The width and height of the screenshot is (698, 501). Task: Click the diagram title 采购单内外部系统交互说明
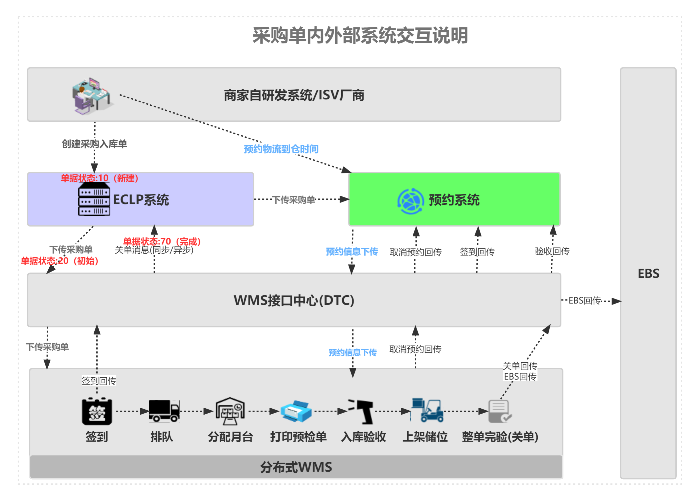point(360,36)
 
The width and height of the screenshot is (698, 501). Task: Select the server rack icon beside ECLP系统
point(94,200)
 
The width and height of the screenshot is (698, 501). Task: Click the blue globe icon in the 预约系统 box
point(410,201)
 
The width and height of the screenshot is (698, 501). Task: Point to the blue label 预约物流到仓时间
point(281,149)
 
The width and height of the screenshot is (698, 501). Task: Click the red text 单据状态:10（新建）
point(99,178)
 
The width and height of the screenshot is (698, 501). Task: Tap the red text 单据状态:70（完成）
point(162,241)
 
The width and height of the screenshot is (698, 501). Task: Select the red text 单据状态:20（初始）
point(60,261)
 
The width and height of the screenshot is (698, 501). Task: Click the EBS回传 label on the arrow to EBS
point(584,301)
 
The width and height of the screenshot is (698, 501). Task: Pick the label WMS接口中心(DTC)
point(294,300)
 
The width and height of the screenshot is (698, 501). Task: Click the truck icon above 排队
point(164,411)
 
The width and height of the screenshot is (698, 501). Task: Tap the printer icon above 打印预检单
point(296,411)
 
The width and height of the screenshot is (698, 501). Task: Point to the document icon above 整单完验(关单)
point(499,411)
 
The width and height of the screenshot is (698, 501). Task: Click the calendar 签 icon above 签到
point(97,412)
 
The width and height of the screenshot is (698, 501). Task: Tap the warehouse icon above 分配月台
point(230,411)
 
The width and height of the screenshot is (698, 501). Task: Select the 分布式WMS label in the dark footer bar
point(296,467)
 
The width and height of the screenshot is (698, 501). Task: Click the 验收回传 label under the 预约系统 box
point(552,251)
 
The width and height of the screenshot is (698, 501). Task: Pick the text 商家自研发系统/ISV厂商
point(294,95)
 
